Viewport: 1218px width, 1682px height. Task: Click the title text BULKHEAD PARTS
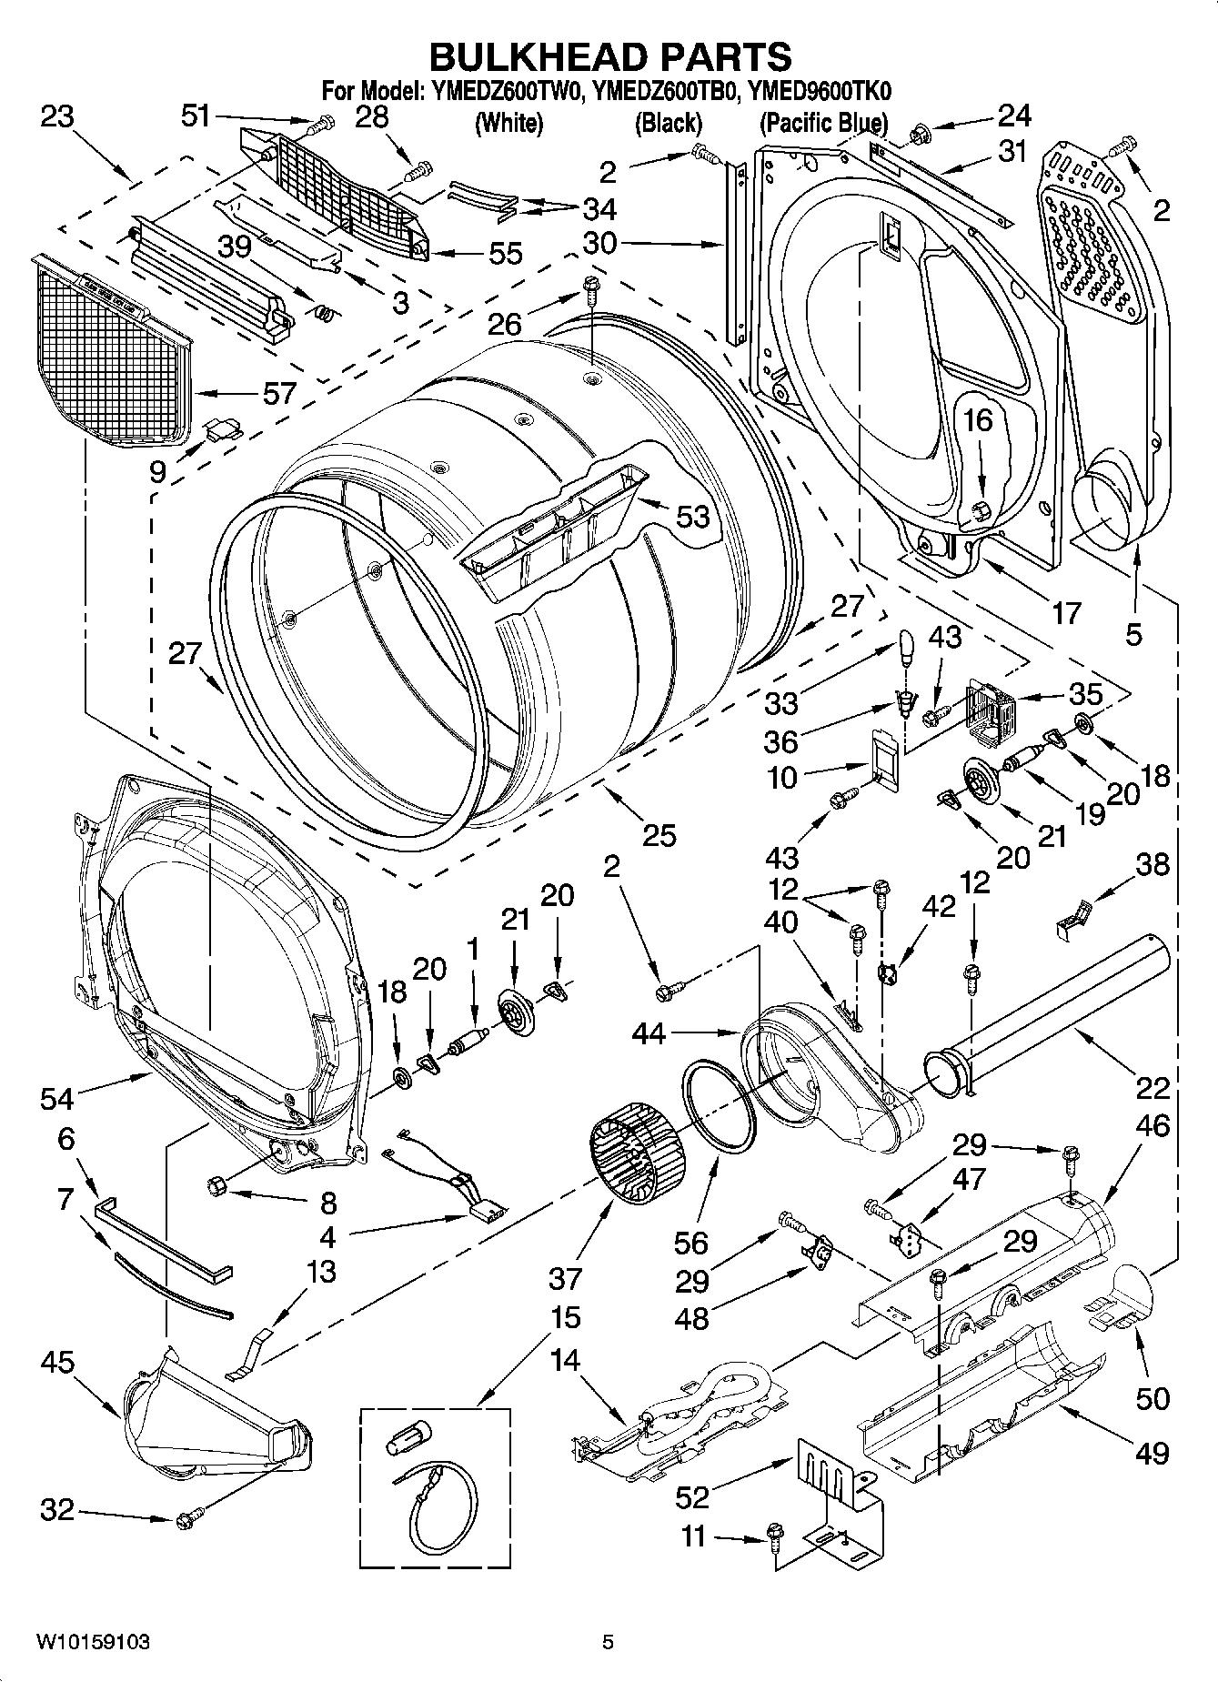click(609, 56)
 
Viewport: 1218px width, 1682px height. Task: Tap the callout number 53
click(692, 516)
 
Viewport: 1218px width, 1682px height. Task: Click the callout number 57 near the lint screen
click(279, 393)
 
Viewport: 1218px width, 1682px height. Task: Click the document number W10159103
click(93, 1642)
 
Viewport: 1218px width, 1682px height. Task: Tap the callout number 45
click(57, 1362)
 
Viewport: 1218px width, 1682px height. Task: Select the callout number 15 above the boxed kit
click(565, 1317)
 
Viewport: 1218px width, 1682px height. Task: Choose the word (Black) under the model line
click(668, 123)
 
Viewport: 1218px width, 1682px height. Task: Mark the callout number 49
click(1152, 1453)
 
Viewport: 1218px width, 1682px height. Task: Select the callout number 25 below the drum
click(659, 834)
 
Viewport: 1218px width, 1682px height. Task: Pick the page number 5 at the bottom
click(608, 1642)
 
